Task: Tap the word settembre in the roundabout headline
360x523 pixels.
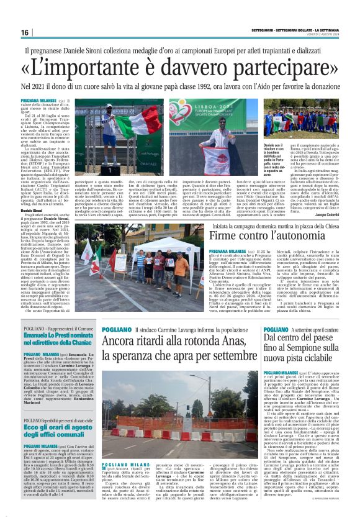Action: [230, 355]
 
